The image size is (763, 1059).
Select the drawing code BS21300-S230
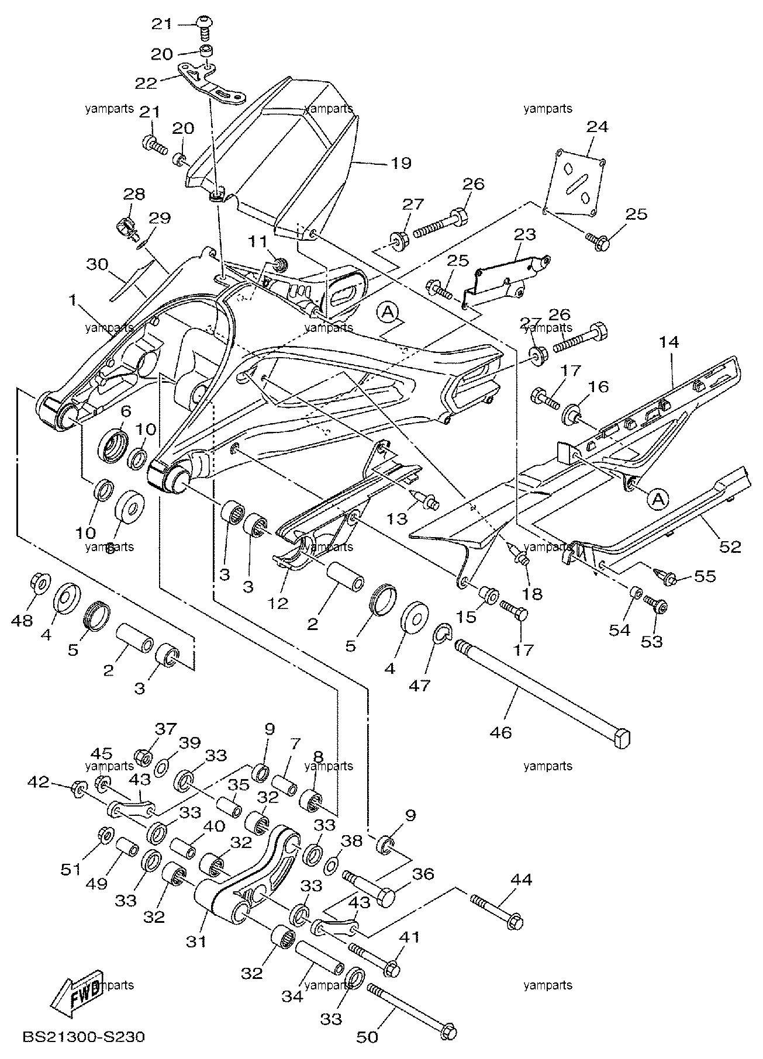click(x=83, y=1037)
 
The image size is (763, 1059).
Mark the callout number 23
click(x=525, y=236)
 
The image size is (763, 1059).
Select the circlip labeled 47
click(x=443, y=633)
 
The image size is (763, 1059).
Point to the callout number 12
click(x=279, y=603)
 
